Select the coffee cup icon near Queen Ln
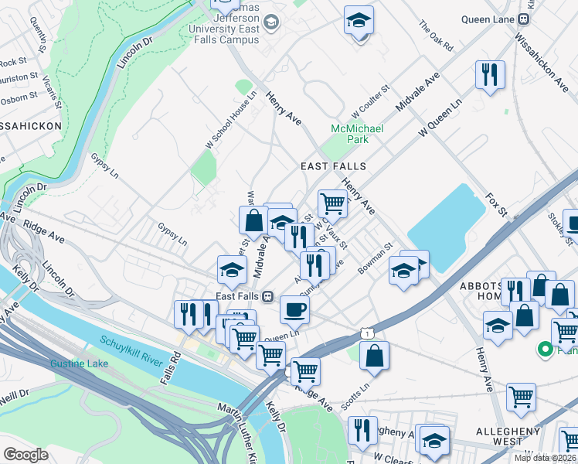294,309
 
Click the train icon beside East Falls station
267,296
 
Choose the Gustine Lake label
76,363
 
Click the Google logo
25,455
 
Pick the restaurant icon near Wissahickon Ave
490,74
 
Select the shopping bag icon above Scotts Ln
374,356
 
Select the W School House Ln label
229,120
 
